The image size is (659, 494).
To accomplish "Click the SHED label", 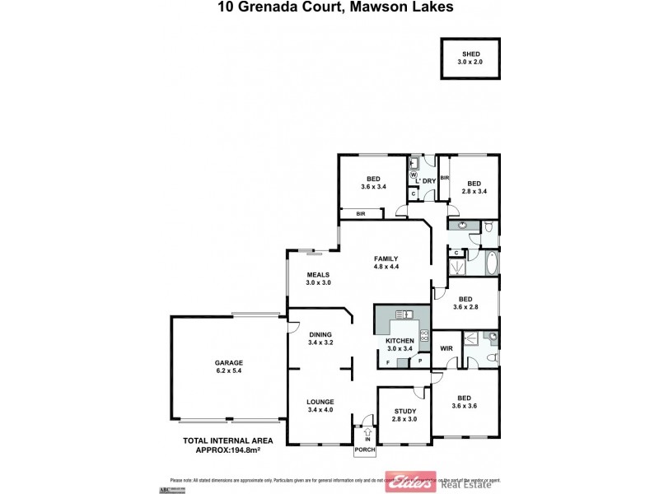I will coord(470,54).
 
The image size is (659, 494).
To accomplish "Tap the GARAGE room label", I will coord(228,361).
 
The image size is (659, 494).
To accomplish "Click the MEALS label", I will coord(318,275).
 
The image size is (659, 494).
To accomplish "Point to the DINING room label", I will coord(320,334).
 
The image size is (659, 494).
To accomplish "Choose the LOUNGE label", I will coord(320,402).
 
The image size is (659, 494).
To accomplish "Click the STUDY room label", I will coord(404,411).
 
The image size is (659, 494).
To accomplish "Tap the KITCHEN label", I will coord(400,340).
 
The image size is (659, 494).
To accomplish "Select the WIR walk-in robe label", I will coord(447,348).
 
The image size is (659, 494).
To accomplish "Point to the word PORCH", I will coord(364,451).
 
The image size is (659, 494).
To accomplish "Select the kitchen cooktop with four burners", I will coord(424,334).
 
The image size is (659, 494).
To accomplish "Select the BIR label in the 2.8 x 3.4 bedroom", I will coord(445,177).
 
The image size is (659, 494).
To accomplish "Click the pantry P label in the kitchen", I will coord(419,361).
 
